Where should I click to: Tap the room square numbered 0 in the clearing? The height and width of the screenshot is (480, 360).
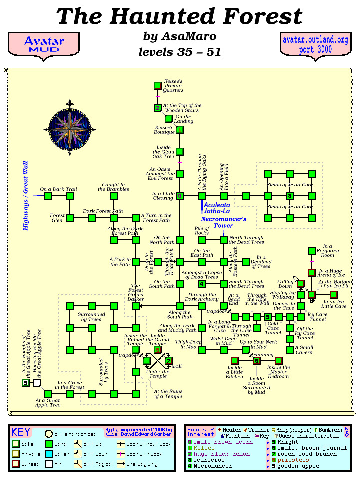coord(180,196)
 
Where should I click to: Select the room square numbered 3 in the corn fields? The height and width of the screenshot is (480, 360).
coord(289,196)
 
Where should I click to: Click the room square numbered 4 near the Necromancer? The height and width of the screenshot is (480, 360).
coord(202,284)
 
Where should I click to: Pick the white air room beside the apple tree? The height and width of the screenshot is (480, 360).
coord(37,383)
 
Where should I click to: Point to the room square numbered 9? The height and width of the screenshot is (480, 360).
coord(26,383)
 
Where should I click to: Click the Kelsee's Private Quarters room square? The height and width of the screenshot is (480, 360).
coord(158,86)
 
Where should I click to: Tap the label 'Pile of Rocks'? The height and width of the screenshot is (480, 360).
coord(202,230)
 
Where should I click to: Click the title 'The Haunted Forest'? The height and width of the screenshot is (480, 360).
coord(180,17)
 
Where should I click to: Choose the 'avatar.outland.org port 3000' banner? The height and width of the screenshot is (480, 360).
coord(315,44)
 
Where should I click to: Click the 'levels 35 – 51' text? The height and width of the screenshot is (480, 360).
coord(179,51)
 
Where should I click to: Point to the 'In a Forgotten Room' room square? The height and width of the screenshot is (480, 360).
coord(311,251)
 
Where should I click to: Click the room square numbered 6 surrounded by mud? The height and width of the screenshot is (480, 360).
coord(257,361)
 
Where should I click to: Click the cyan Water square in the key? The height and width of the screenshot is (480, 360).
coord(49,454)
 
